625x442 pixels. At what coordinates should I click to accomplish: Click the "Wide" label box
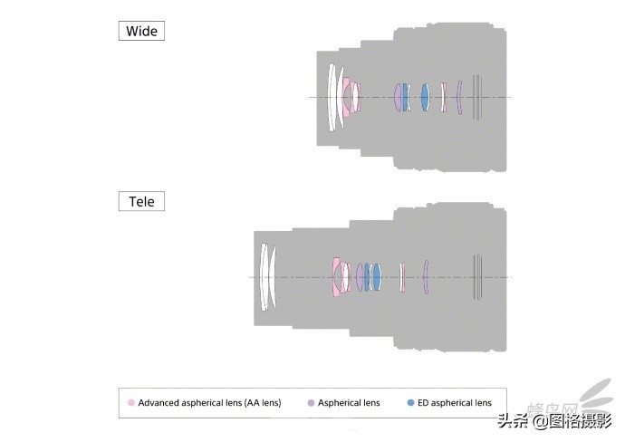[141, 31]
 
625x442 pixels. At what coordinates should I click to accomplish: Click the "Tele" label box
[141, 200]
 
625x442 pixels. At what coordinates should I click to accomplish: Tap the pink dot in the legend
[131, 402]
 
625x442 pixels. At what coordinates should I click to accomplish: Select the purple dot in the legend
[311, 402]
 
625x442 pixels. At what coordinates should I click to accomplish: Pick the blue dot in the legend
[411, 402]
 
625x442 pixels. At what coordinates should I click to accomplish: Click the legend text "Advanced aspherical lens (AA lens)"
[209, 402]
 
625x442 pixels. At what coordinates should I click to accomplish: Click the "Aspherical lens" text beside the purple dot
[349, 402]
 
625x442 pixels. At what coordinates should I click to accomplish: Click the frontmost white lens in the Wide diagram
[332, 97]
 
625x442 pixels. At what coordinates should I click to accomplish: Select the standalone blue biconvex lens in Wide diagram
[424, 97]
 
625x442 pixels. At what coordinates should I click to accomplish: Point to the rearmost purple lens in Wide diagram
[460, 97]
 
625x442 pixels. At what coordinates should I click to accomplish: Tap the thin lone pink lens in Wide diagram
[443, 97]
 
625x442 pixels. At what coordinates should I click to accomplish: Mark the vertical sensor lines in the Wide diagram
[477, 97]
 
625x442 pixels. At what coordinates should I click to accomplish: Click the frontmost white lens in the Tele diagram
[264, 277]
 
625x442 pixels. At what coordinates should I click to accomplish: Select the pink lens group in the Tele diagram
[341, 277]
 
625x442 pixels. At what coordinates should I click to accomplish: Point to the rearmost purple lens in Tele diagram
[425, 277]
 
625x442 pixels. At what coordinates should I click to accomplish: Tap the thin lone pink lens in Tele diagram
[401, 277]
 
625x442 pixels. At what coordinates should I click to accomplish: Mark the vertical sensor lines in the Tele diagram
[477, 277]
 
